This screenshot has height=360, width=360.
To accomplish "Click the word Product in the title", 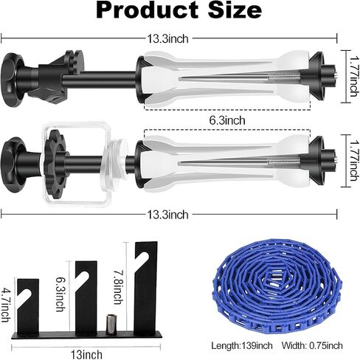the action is point(147,10).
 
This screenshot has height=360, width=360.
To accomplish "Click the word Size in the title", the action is point(235,10).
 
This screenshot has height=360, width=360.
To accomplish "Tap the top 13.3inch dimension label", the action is point(167,39).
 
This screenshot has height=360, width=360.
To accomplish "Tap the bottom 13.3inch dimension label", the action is point(167,215).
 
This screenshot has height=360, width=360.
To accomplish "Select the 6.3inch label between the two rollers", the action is point(227,120).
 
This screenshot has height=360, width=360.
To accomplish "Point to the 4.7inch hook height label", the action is point(6,305).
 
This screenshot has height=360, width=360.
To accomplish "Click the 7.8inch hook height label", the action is point(118,287).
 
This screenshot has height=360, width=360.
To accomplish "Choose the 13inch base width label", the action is point(86,355).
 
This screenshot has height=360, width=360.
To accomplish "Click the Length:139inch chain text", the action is point(242,345).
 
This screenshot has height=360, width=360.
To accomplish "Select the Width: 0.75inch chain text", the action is point(312,345).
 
